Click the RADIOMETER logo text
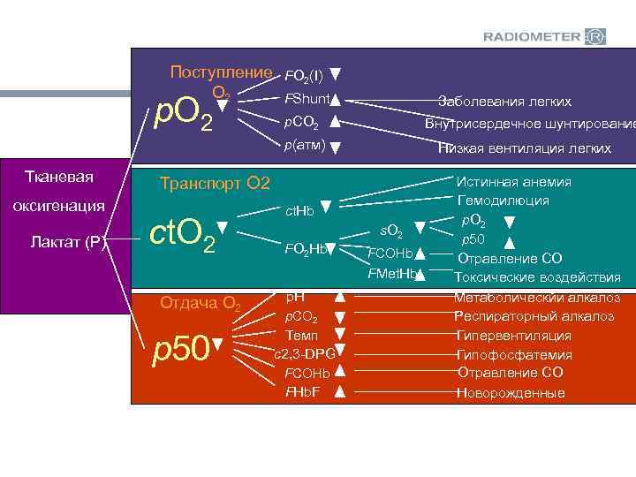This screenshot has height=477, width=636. pyautogui.click(x=532, y=36)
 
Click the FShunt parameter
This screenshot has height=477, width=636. pyautogui.click(x=306, y=98)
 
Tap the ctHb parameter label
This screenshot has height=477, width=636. pyautogui.click(x=299, y=210)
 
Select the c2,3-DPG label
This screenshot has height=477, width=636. pyautogui.click(x=303, y=354)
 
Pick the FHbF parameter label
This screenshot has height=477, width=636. pyautogui.click(x=302, y=391)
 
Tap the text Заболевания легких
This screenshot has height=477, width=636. pyautogui.click(x=505, y=102)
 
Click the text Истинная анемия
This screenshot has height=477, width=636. pyautogui.click(x=514, y=182)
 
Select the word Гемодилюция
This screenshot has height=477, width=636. pyautogui.click(x=503, y=201)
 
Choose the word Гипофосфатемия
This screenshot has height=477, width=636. pyautogui.click(x=514, y=355)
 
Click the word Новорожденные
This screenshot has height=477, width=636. pyautogui.click(x=511, y=393)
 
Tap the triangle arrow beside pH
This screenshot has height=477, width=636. pyautogui.click(x=338, y=298)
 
